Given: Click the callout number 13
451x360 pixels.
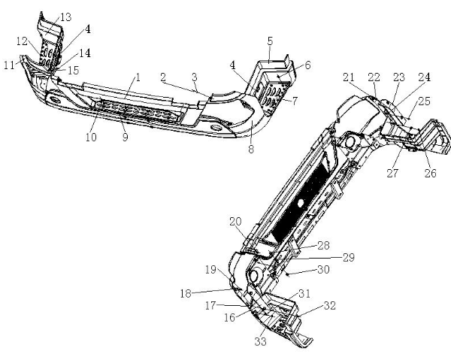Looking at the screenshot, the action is pos(66,17).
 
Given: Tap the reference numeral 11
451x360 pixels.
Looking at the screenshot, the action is pos(9,65).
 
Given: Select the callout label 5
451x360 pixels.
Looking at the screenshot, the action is pos(270,41).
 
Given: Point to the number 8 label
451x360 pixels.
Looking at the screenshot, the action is pos(251,150).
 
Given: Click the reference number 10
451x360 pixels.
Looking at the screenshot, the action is pos(91,137).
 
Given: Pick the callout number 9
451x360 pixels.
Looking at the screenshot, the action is pos(125,137).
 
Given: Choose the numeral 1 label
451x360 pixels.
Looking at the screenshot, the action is pos(138,77).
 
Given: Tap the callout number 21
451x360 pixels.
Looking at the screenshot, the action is pos(349,77).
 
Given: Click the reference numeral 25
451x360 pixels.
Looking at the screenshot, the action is pos(425,101).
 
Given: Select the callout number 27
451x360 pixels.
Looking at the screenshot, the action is pos(393,173).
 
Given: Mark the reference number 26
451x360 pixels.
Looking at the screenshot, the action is pos(431,173).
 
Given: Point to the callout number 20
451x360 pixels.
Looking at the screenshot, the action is pos(235,222).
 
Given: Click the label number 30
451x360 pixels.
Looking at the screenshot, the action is pos(323,269).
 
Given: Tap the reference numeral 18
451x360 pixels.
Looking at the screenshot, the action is pos(186,294).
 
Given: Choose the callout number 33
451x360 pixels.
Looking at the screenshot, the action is pos(261,342).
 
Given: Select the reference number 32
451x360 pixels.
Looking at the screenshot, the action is pos(330,305).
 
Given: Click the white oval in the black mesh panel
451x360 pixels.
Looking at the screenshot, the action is pos(301,203).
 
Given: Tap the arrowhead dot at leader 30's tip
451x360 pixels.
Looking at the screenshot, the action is pos(287,274).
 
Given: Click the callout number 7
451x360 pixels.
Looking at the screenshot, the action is pos(295,101).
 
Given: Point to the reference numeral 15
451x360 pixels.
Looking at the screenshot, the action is pos(74,71).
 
